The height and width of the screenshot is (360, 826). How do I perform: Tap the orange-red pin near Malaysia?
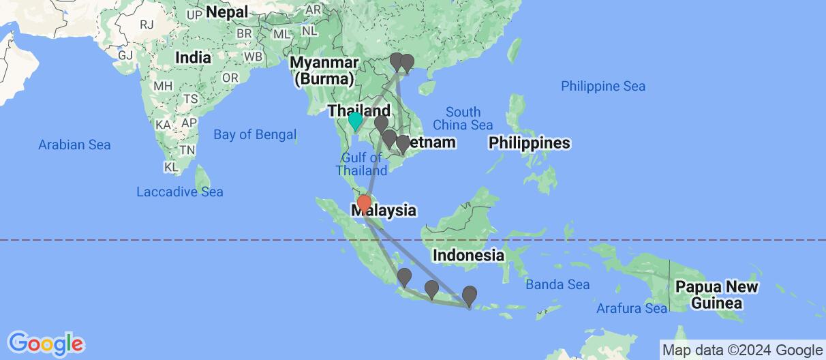click(364, 203)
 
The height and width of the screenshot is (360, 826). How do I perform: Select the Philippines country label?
click(529, 143)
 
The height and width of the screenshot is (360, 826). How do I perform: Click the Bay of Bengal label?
click(255, 135)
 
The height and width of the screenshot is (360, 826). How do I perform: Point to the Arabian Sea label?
click(74, 145)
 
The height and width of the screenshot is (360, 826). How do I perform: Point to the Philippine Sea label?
click(602, 87)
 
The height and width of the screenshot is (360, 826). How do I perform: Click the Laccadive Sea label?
click(180, 192)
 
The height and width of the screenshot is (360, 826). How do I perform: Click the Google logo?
click(46, 342)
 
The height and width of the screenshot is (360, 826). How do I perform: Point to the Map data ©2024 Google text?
click(742, 350)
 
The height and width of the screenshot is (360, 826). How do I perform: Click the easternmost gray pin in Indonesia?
click(470, 295)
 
